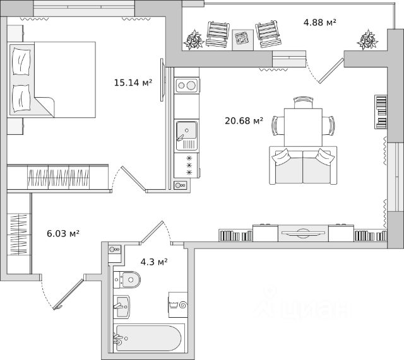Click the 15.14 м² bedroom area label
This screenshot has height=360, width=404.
click(133, 81)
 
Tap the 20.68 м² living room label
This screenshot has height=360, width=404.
click(244, 120)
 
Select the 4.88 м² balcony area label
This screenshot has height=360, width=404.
click(319, 23)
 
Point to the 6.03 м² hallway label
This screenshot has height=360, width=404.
click(63, 233)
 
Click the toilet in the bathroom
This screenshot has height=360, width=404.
click(129, 279)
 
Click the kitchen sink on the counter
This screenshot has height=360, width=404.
click(186, 132)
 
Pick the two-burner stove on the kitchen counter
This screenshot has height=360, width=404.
click(187, 85)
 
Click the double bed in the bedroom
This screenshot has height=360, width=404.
click(54, 79)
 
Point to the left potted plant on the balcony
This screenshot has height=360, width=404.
click(193, 40)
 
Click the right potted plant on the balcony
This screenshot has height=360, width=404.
click(367, 40)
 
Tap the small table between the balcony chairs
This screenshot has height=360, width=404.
click(241, 39)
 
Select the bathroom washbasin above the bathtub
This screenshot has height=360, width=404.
click(122, 306)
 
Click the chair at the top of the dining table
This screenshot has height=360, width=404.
click(303, 101)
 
